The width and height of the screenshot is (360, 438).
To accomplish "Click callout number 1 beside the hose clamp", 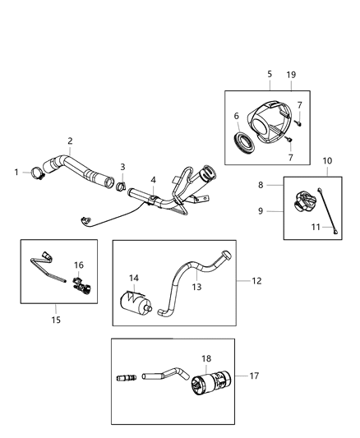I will [16, 172].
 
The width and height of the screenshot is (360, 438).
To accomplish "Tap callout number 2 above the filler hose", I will [70, 141].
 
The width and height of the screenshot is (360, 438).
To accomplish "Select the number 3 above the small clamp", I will [122, 167].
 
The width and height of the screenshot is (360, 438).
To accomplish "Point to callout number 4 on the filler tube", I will [152, 180].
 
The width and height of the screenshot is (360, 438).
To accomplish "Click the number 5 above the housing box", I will [270, 73].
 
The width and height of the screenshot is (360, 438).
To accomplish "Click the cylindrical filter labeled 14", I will [135, 303].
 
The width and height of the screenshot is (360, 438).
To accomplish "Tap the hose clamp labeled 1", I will [37, 173].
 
